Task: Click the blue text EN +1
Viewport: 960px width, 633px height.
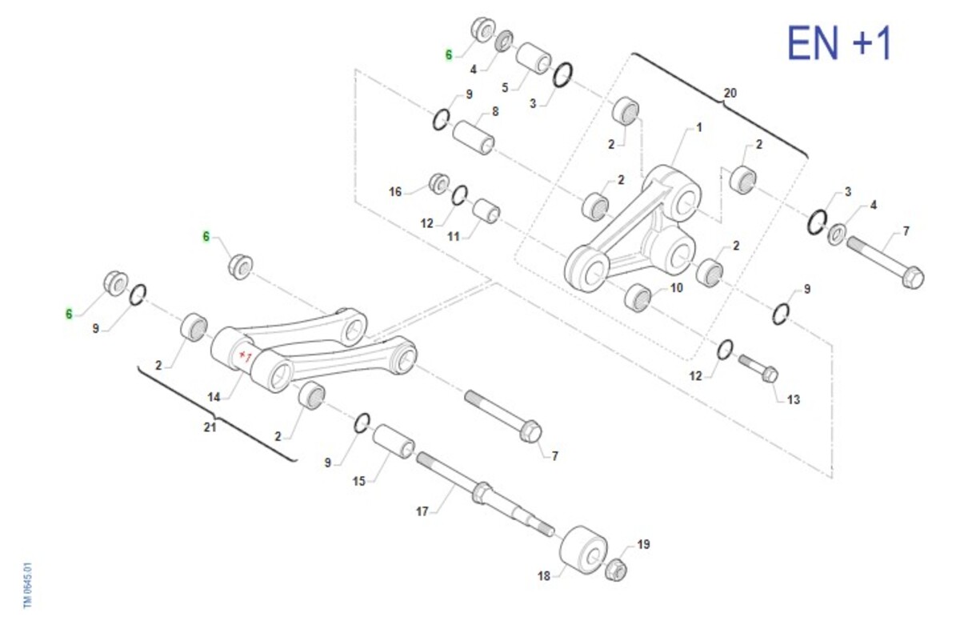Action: pyautogui.click(x=839, y=43)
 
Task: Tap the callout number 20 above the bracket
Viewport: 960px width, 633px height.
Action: pyautogui.click(x=730, y=93)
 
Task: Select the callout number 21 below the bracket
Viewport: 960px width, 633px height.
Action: pyautogui.click(x=210, y=427)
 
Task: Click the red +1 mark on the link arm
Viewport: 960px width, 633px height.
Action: pyautogui.click(x=245, y=356)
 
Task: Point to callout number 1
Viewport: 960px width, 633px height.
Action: pyautogui.click(x=699, y=127)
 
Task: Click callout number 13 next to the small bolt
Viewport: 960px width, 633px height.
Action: pyautogui.click(x=794, y=400)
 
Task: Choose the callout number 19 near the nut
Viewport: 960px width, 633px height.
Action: pyautogui.click(x=643, y=544)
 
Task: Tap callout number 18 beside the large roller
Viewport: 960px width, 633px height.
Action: pyautogui.click(x=543, y=576)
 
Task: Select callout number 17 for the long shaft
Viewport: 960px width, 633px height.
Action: pyautogui.click(x=422, y=511)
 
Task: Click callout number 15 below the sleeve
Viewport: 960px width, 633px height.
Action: pyautogui.click(x=358, y=481)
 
